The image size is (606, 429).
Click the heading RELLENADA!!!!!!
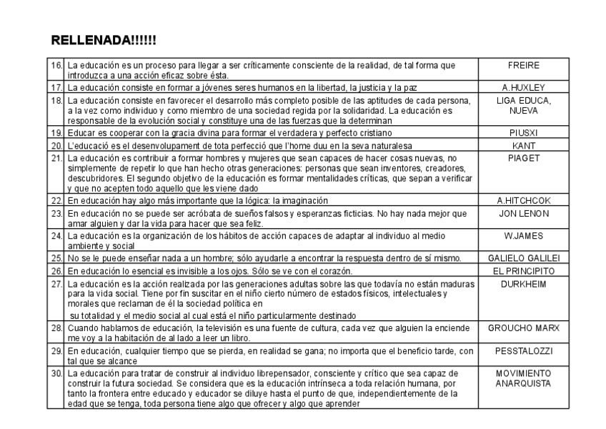pyautogui.click(x=104, y=41)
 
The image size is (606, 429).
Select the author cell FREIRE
pyautogui.click(x=523, y=65)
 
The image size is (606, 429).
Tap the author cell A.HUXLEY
pyautogui.click(x=523, y=87)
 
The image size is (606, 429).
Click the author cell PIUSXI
pyautogui.click(x=523, y=133)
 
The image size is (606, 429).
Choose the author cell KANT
pyautogui.click(x=523, y=145)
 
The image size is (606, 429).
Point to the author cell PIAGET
pyautogui.click(x=523, y=158)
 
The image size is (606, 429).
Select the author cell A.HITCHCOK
pyautogui.click(x=523, y=201)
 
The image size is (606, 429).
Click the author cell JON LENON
pyautogui.click(x=523, y=213)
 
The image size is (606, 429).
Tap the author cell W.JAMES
pyautogui.click(x=523, y=235)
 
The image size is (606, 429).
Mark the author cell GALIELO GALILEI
pyautogui.click(x=523, y=257)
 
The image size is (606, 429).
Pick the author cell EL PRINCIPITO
pyautogui.click(x=523, y=271)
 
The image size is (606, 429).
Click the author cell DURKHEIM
pyautogui.click(x=523, y=284)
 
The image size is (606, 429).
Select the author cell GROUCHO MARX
pyautogui.click(x=523, y=327)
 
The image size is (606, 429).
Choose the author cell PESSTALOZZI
pyautogui.click(x=523, y=352)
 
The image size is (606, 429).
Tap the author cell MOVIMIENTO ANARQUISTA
pyautogui.click(x=523, y=378)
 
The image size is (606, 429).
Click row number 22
pyautogui.click(x=56, y=201)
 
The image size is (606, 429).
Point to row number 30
pyautogui.click(x=56, y=373)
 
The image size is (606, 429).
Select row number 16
pyautogui.click(x=56, y=65)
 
